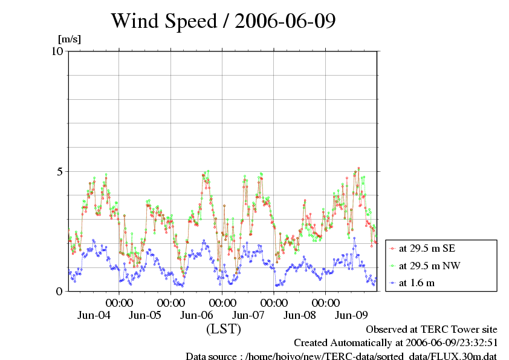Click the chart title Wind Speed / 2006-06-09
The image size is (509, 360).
pos(223,22)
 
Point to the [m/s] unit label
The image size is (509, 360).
pos(69,39)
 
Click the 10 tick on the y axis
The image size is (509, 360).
pos(57,51)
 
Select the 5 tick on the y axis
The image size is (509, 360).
pos(60,171)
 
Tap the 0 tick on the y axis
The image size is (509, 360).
pos(60,291)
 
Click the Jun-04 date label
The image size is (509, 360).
pos(94,315)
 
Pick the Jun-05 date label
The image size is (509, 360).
pos(146,315)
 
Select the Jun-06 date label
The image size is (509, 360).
pos(197,315)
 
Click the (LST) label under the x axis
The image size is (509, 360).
pos(223,329)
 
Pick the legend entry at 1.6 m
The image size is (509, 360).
pos(417,283)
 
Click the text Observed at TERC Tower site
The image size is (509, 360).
pos(432,329)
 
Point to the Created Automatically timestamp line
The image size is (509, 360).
pos(395,342)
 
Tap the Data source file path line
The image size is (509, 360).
pos(341,356)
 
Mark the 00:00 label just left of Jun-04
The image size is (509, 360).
pos(120,302)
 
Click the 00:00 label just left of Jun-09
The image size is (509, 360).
pos(326,302)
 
